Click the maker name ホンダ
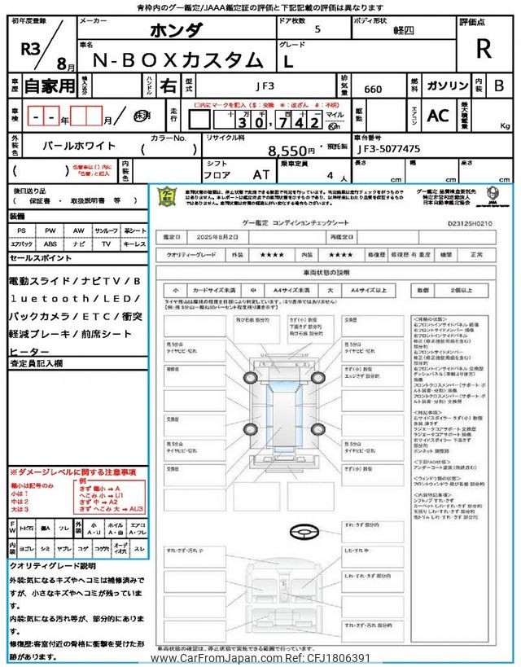point(177,31)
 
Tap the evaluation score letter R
point(484,49)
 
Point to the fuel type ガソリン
point(448,85)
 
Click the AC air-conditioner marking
point(438,116)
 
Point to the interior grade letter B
point(499,85)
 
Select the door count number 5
point(317,29)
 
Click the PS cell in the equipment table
point(20,231)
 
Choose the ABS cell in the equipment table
point(50,244)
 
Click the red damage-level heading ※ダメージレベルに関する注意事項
point(73,472)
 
